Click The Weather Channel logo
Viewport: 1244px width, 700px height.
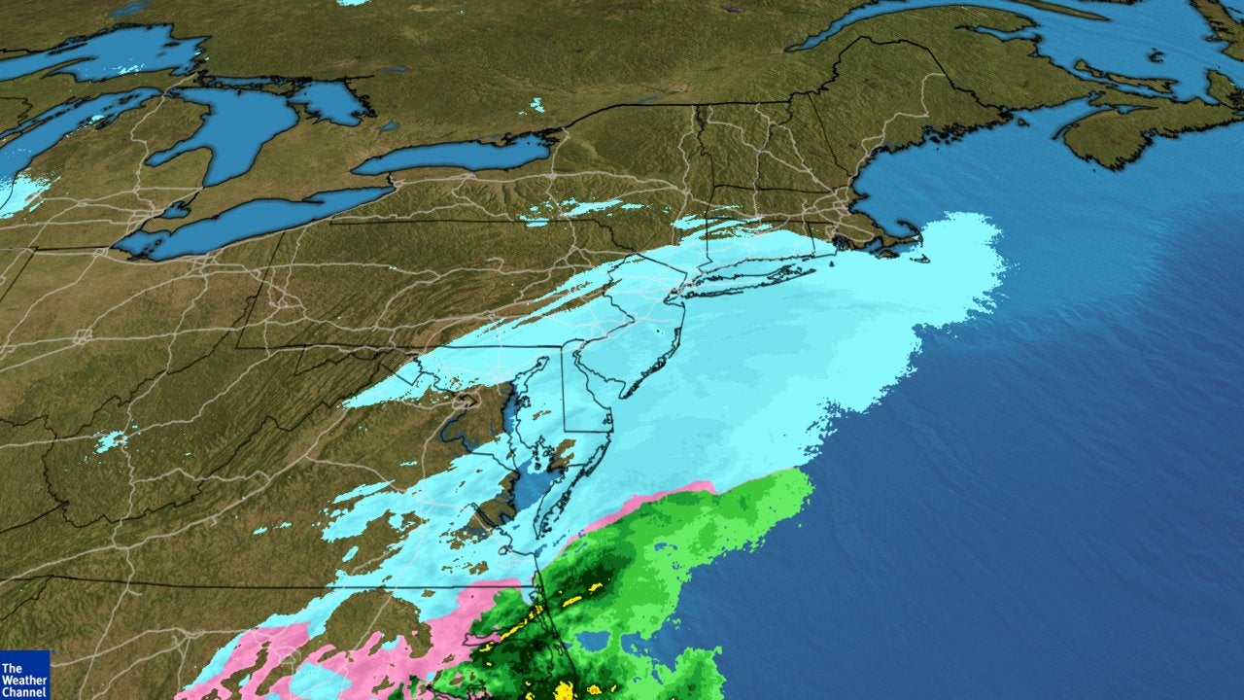(24, 675)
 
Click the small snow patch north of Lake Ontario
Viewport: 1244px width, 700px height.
(536, 105)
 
